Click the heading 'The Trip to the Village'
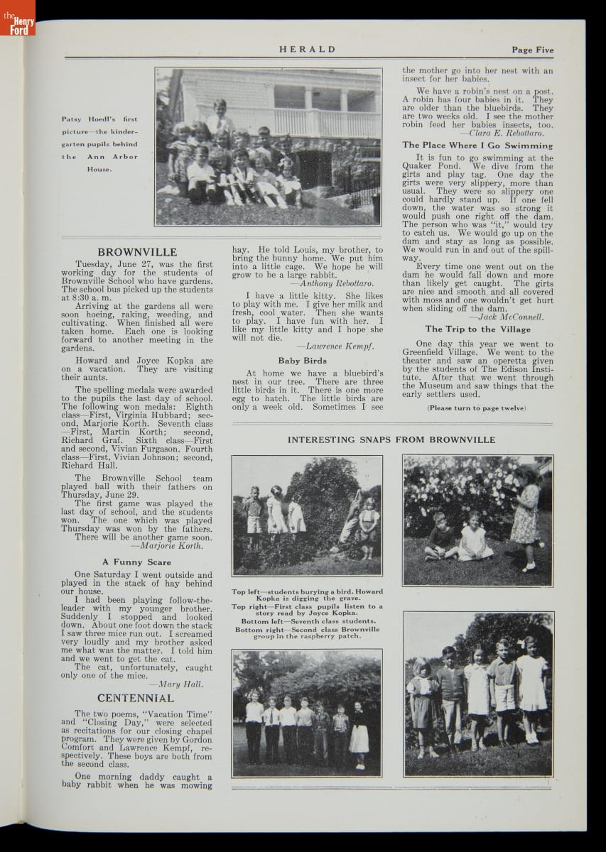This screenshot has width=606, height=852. coord(477,329)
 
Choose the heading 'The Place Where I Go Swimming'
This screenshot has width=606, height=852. coord(477,146)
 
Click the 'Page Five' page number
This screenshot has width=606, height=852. coord(532,50)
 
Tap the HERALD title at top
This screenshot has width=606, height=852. coord(307,50)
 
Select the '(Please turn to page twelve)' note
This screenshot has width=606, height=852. coord(477,408)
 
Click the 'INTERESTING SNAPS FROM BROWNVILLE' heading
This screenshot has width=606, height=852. coord(391,440)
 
